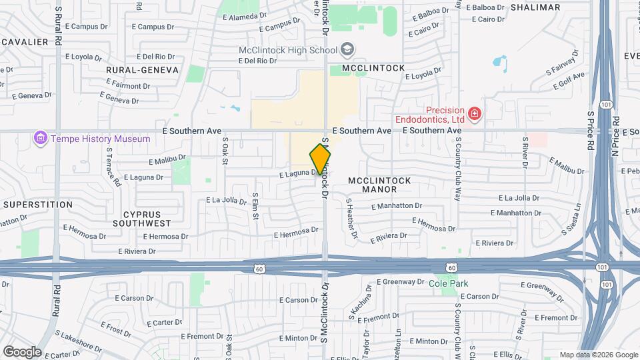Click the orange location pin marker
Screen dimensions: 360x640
pyautogui.click(x=320, y=159)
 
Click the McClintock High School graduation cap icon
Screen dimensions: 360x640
pyautogui.click(x=347, y=49)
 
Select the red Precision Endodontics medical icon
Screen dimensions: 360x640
pyautogui.click(x=474, y=115)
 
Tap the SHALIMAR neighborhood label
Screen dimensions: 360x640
pyautogui.click(x=535, y=7)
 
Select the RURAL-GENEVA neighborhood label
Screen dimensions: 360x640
pyautogui.click(x=143, y=69)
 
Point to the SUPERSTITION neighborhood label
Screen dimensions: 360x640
pyautogui.click(x=37, y=205)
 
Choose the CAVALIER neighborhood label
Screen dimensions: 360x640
pyautogui.click(x=24, y=42)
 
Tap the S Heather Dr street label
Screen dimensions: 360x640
pyautogui.click(x=351, y=219)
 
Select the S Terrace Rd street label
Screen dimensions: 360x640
pyautogui.click(x=111, y=166)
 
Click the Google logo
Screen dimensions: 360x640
pyautogui.click(x=22, y=352)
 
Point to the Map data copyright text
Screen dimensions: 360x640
pyautogui.click(x=598, y=355)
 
